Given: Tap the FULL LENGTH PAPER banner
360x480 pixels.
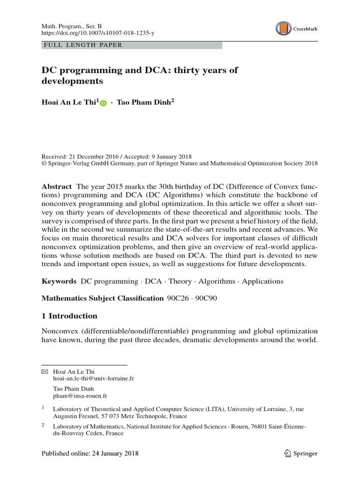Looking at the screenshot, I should (x=131, y=45).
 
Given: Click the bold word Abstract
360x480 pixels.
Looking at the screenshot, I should (x=57, y=186).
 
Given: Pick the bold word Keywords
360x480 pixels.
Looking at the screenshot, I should (x=59, y=281).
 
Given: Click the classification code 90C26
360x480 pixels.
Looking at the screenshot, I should (x=178, y=298).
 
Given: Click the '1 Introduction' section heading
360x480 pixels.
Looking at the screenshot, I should (x=70, y=316).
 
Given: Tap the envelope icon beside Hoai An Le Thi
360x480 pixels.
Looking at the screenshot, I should (x=45, y=371).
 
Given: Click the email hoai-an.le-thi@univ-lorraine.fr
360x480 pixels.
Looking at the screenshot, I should (x=94, y=378).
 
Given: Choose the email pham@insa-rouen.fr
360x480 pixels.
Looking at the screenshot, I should (x=80, y=396).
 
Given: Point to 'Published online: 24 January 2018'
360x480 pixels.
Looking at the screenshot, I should (x=88, y=453).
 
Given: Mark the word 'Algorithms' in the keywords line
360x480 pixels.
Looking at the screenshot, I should (x=217, y=281).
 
